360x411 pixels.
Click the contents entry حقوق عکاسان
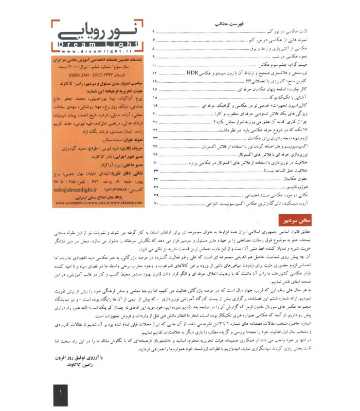tap(290, 179)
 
